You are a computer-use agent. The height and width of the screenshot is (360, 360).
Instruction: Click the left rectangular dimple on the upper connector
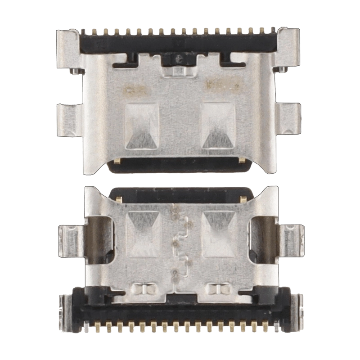(142, 126)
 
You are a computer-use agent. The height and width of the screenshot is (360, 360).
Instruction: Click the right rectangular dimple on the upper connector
(218, 126)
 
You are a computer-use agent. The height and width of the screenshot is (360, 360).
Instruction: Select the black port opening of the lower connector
(180, 194)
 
